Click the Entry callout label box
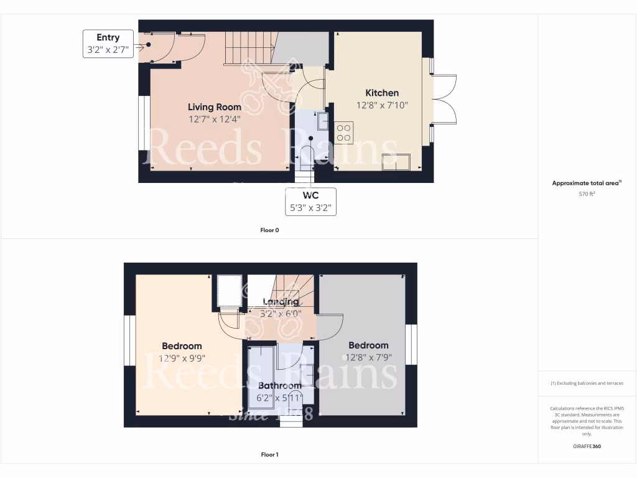tap(108, 44)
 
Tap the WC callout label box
tap(310, 202)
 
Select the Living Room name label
tap(215, 108)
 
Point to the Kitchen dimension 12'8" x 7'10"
tap(382, 105)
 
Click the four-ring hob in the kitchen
tap(343, 133)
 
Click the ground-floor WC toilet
tap(306, 156)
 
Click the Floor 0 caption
tap(269, 230)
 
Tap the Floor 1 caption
tap(269, 454)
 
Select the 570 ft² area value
tap(587, 194)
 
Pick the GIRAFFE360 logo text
tap(587, 446)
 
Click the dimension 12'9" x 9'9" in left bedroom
tap(182, 358)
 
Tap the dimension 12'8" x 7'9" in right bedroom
tap(368, 357)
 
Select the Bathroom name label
tap(280, 385)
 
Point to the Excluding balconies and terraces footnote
tap(587, 383)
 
